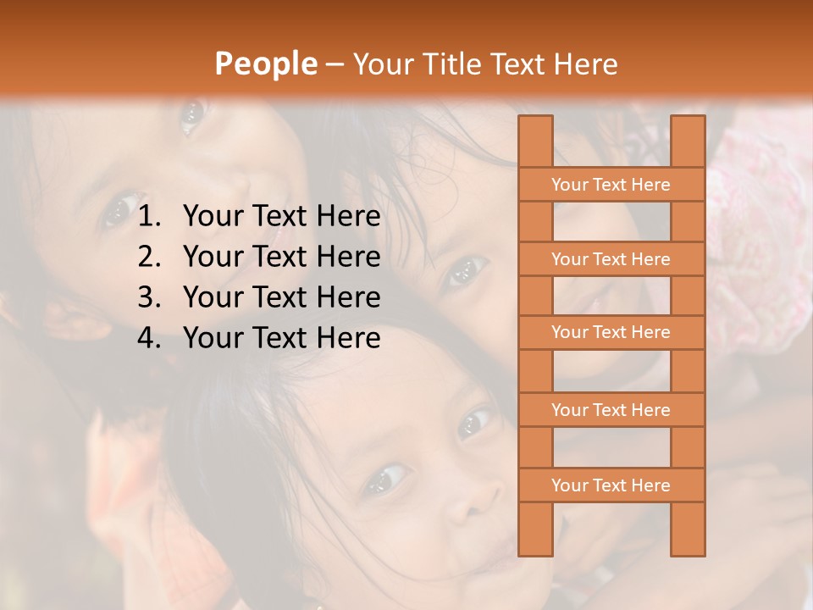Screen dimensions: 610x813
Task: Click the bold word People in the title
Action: click(x=265, y=64)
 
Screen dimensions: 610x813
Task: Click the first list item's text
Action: click(x=281, y=217)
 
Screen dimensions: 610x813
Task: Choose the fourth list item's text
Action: click(x=281, y=338)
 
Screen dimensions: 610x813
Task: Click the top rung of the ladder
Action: click(x=611, y=185)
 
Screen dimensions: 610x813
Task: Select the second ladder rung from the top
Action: click(x=611, y=259)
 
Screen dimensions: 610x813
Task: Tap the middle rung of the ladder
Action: click(x=611, y=332)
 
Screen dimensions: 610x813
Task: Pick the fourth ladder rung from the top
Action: click(x=611, y=410)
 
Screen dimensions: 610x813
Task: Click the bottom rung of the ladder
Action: click(x=611, y=485)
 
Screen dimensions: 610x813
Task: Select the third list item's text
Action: click(x=281, y=297)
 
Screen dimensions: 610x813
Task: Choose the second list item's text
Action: click(x=281, y=257)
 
